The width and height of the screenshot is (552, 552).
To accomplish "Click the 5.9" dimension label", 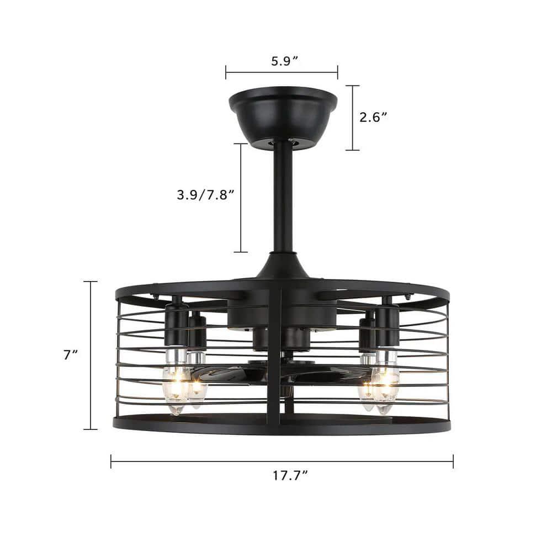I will tap(284, 61).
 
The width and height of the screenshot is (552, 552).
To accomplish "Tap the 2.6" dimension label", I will tap(374, 117).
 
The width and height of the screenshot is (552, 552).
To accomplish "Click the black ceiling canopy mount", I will tap(283, 117).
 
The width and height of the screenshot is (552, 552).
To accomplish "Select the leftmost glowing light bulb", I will tap(176, 389).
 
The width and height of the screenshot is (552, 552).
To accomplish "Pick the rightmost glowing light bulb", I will tap(385, 389).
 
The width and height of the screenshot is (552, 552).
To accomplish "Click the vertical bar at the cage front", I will tap(274, 359).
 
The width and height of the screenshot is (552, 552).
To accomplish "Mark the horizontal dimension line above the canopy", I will tap(282, 72).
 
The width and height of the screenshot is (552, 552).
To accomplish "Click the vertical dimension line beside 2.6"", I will tap(353, 118).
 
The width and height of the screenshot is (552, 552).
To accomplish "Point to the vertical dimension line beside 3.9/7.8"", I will tap(241, 198).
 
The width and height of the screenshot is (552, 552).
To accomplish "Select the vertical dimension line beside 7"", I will tap(91, 355).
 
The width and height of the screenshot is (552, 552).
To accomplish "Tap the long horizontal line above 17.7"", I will tap(282, 461).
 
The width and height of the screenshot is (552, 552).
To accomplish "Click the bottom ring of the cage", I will tap(282, 425).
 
